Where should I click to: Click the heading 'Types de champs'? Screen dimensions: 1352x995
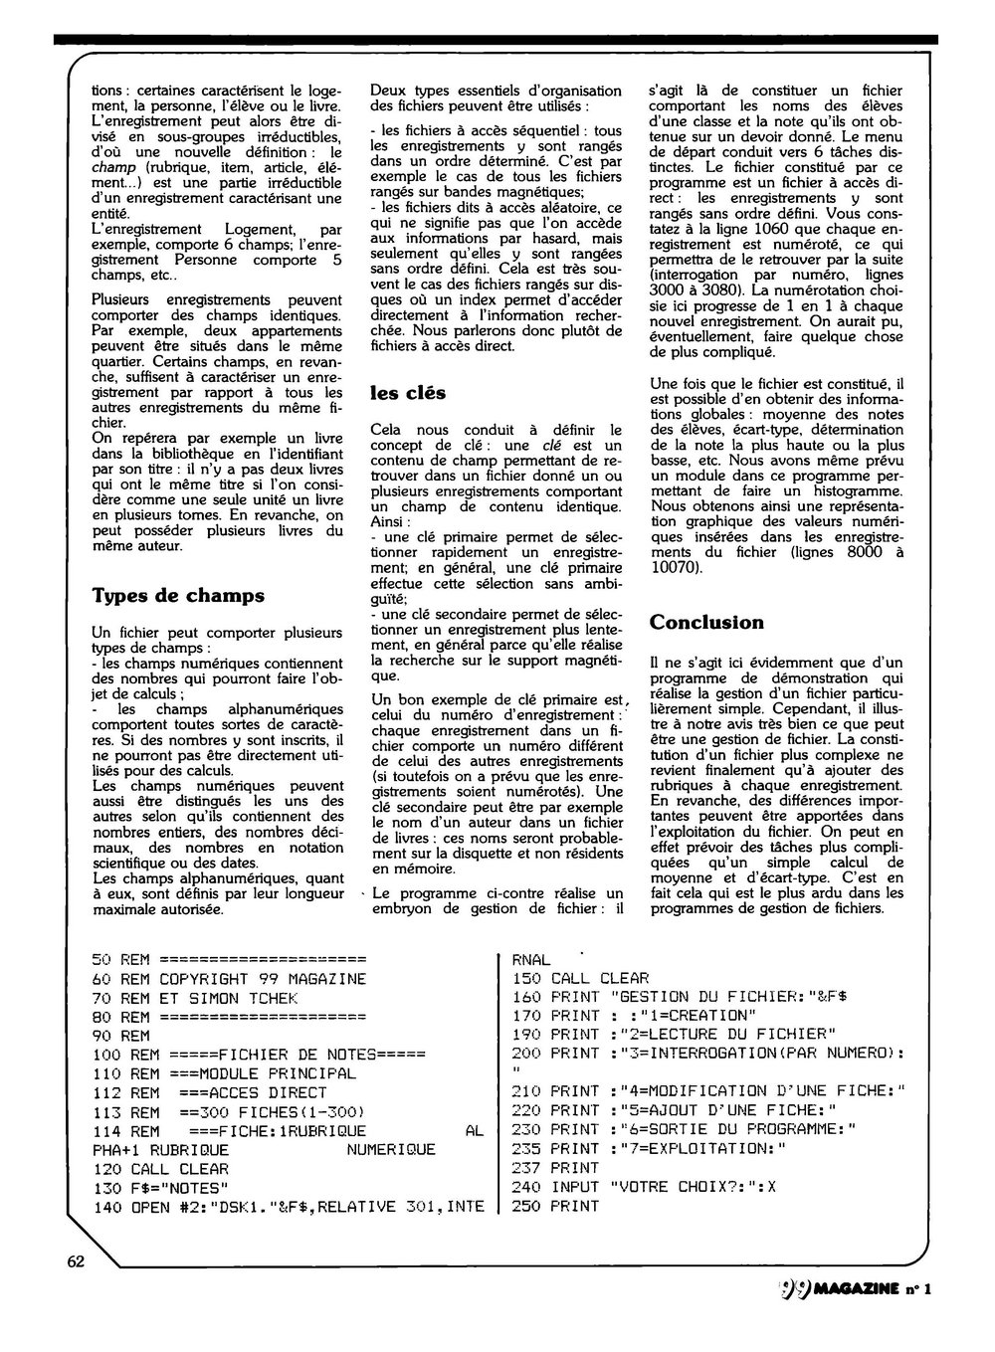(x=178, y=596)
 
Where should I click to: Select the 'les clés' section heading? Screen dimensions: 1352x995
(x=408, y=392)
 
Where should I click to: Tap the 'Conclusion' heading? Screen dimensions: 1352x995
(x=706, y=623)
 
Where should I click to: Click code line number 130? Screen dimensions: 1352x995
(x=105, y=1188)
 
